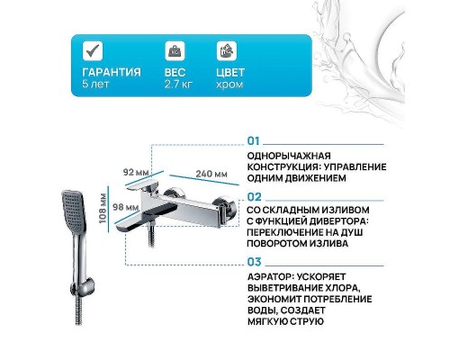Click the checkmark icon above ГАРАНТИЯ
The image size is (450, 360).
(91, 50)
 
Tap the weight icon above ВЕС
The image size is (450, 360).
(173, 50)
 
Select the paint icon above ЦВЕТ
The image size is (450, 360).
(227, 50)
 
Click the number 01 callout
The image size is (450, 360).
(253, 141)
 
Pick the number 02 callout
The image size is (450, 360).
(254, 194)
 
